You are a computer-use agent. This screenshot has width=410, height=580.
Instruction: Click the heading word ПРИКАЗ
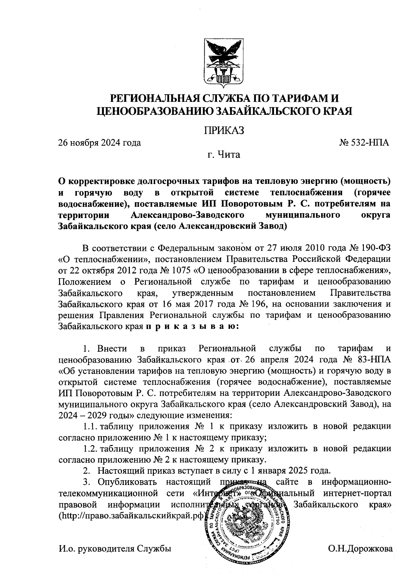point(223,130)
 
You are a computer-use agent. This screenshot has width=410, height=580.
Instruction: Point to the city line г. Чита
point(224,155)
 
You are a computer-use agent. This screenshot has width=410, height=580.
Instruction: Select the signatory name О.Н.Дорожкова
point(360,549)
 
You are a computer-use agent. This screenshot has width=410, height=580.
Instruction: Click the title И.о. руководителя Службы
point(115,549)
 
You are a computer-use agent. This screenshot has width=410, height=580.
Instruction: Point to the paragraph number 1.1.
point(90,427)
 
